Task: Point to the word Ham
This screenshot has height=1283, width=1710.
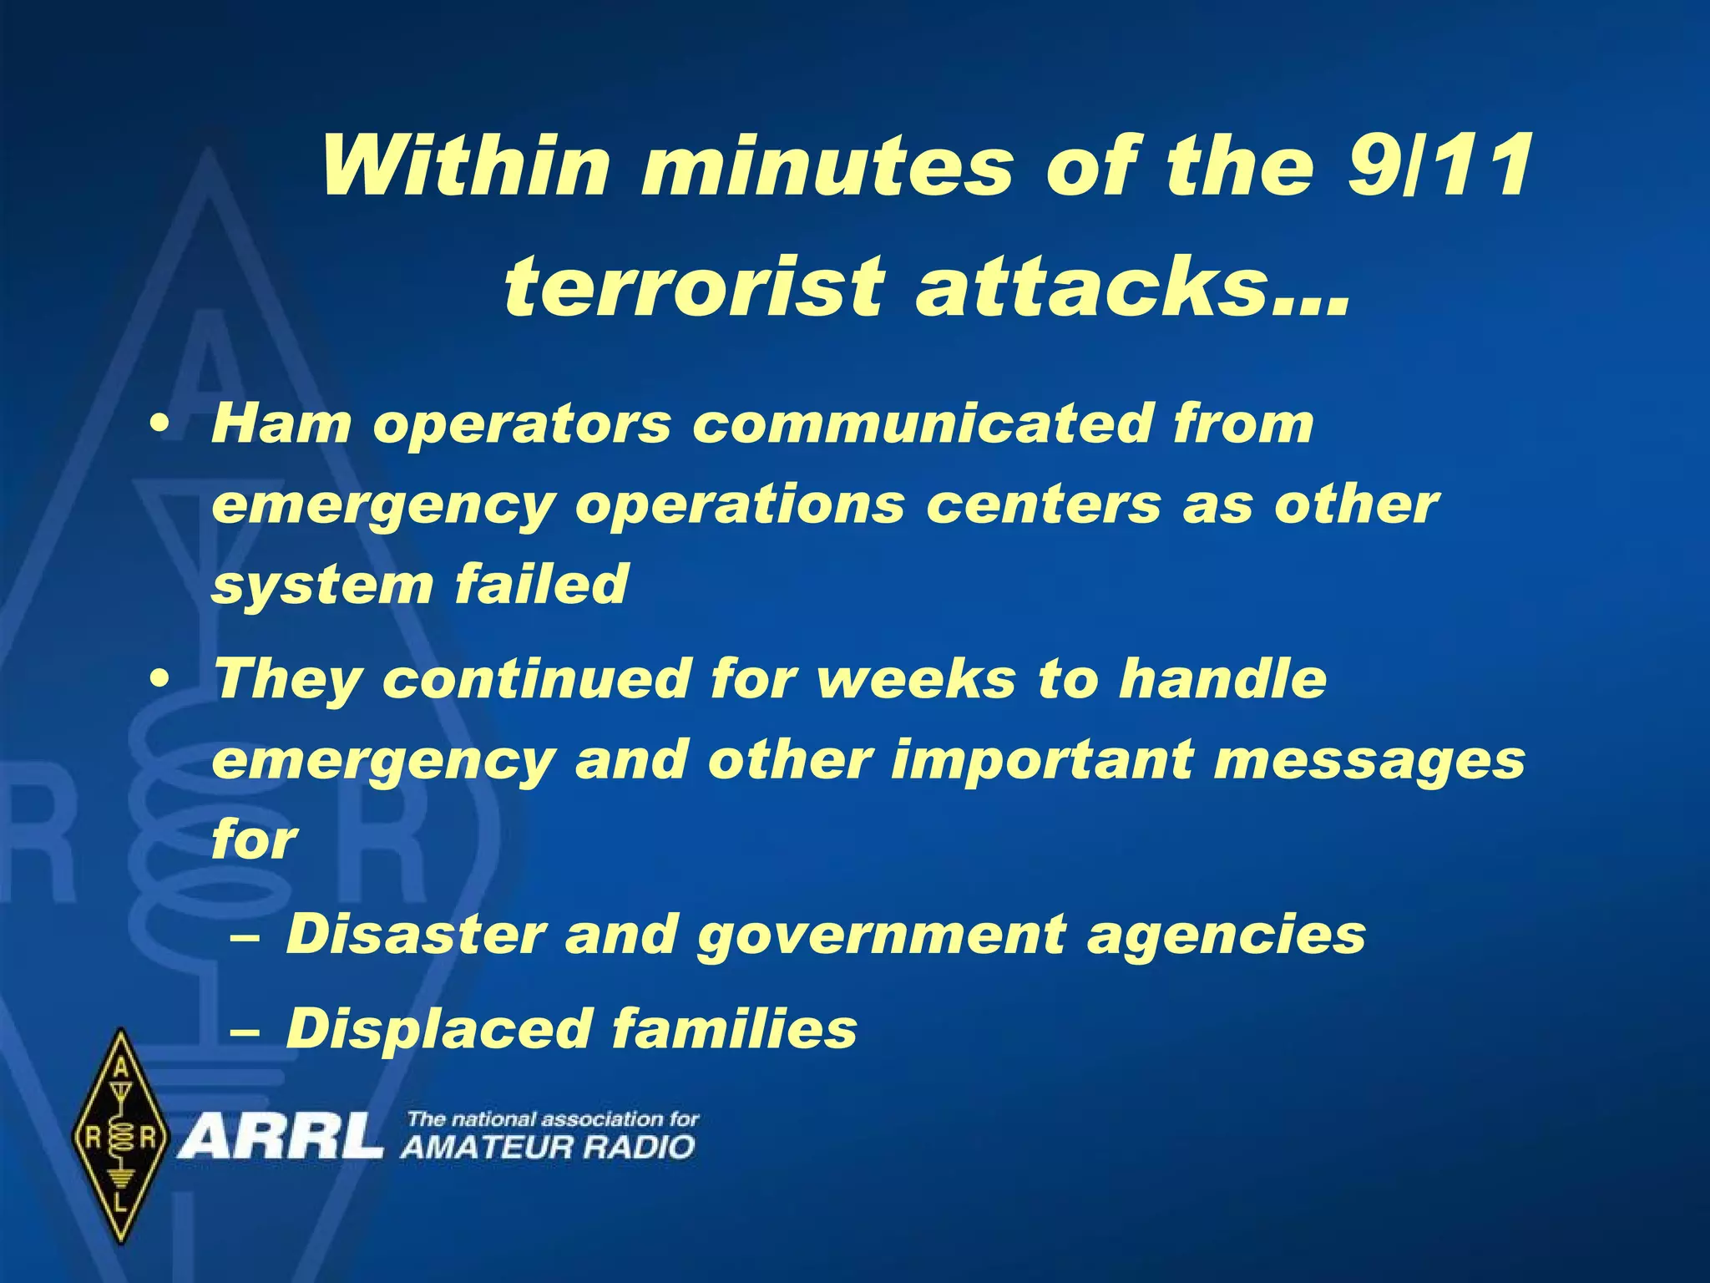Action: (281, 423)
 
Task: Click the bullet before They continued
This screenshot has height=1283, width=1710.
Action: (159, 679)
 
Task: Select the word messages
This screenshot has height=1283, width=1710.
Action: (1369, 762)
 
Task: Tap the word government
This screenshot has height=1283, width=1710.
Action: (882, 936)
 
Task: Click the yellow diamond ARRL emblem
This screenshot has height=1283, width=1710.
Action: (122, 1136)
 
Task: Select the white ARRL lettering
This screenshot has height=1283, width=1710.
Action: (281, 1138)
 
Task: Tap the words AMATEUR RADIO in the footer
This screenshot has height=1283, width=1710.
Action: (548, 1147)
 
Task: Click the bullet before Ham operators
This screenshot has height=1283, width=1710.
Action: (159, 425)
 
